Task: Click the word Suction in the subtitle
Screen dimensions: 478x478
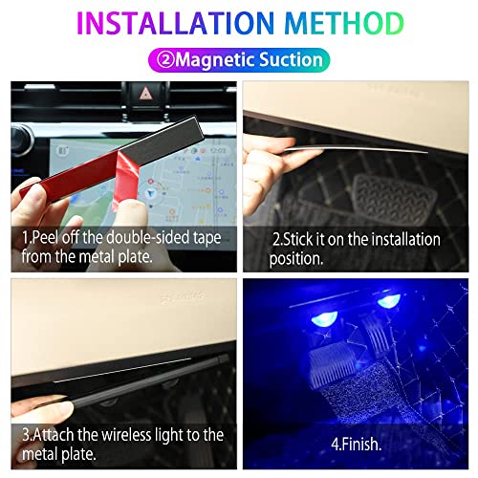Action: pos(286,59)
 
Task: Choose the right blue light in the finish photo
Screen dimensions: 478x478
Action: pos(388,301)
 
